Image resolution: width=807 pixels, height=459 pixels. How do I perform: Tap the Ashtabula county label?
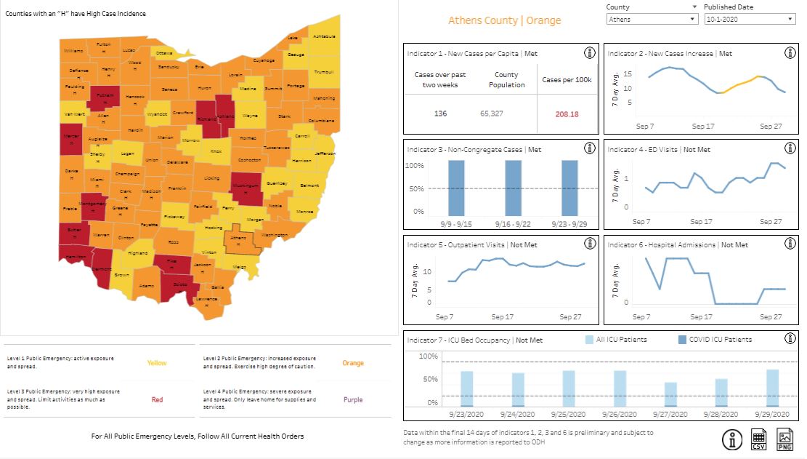324,36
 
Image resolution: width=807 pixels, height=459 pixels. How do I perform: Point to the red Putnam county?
104,97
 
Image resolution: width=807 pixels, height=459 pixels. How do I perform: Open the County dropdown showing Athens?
652,19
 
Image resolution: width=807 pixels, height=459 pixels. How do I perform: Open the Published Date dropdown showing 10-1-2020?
749,19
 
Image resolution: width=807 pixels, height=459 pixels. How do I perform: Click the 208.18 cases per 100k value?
566,114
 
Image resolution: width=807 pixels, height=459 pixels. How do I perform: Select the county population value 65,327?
491,114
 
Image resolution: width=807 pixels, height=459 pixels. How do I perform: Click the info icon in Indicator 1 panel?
590,53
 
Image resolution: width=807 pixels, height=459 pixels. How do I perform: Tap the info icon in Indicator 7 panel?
790,338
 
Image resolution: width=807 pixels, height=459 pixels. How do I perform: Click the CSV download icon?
758,439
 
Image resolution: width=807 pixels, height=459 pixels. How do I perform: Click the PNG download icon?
785,439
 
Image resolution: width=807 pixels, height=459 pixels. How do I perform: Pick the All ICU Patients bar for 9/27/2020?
670,394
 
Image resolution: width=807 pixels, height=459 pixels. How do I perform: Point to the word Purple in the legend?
353,399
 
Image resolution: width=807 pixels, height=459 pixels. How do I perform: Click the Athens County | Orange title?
504,20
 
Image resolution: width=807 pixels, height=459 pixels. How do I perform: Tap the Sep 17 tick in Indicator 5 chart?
502,317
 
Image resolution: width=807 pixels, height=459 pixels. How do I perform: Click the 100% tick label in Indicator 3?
414,166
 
